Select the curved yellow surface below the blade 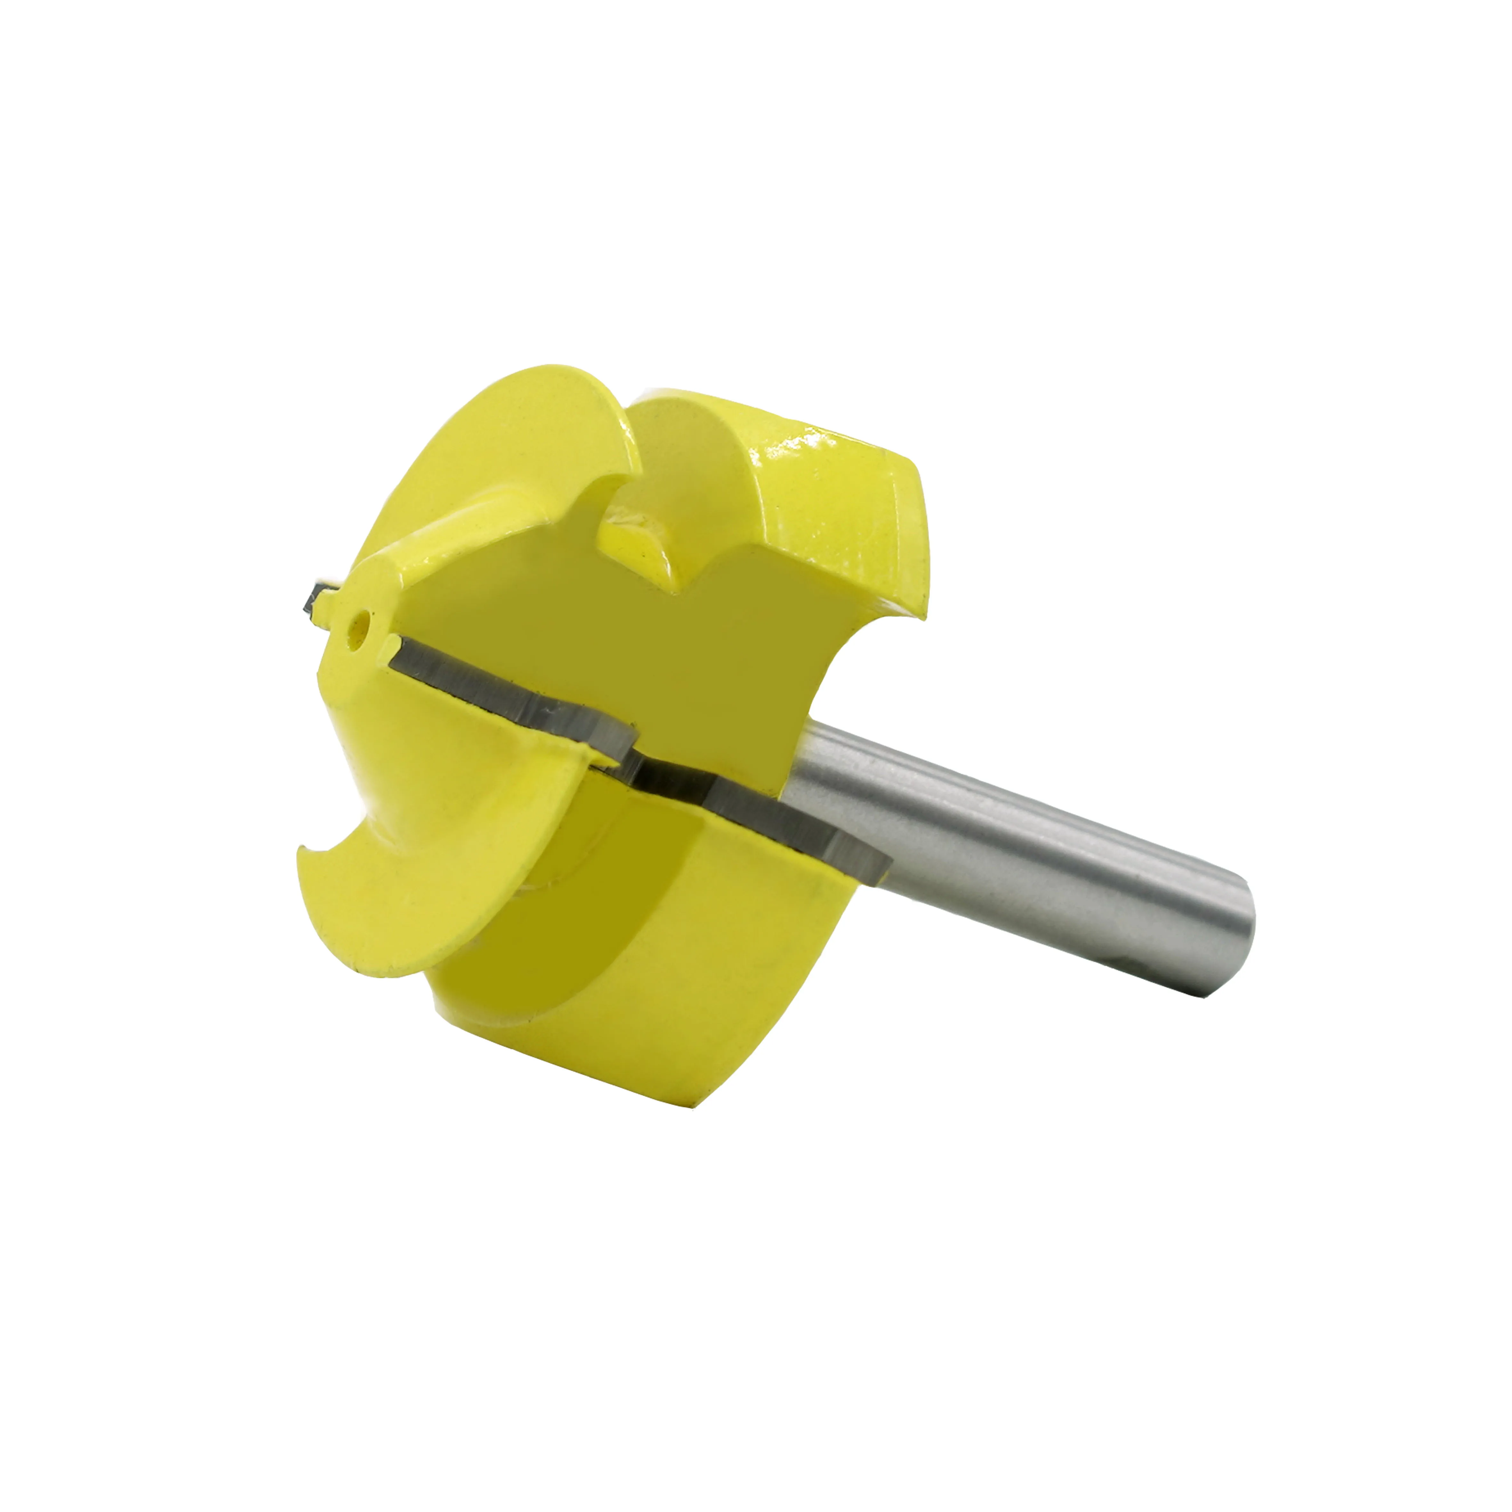[665, 939]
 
